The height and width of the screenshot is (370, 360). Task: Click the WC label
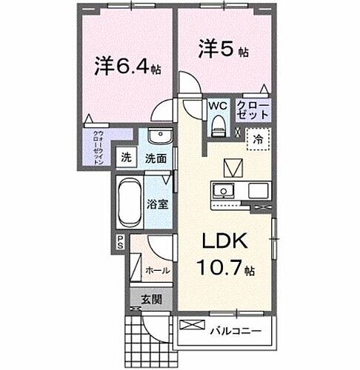pos(216,107)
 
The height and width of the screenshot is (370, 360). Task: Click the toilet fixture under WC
pos(216,127)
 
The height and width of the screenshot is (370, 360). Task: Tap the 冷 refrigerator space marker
pos(257,138)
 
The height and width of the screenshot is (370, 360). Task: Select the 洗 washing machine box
pos(127,157)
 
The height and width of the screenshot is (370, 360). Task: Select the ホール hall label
pos(158,271)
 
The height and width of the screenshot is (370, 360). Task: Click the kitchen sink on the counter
pos(223,191)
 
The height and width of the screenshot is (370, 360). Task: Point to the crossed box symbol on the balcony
pos(190,325)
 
